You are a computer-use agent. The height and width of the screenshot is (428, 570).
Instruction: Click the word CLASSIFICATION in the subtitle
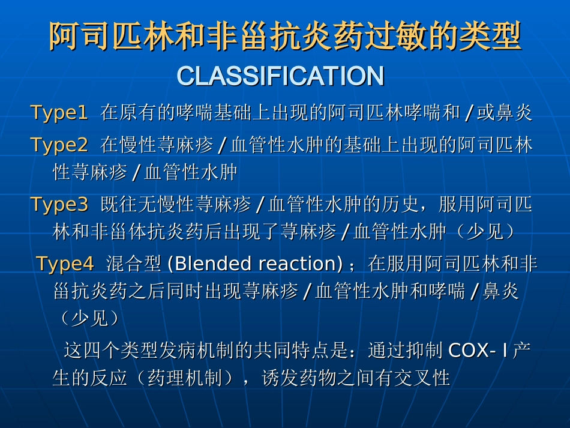click(280, 76)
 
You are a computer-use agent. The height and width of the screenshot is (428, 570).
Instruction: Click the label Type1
click(59, 113)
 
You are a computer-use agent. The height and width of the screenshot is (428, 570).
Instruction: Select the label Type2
click(59, 145)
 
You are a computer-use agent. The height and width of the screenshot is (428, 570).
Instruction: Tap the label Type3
click(59, 205)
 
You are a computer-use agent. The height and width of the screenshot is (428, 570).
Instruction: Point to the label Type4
click(65, 264)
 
